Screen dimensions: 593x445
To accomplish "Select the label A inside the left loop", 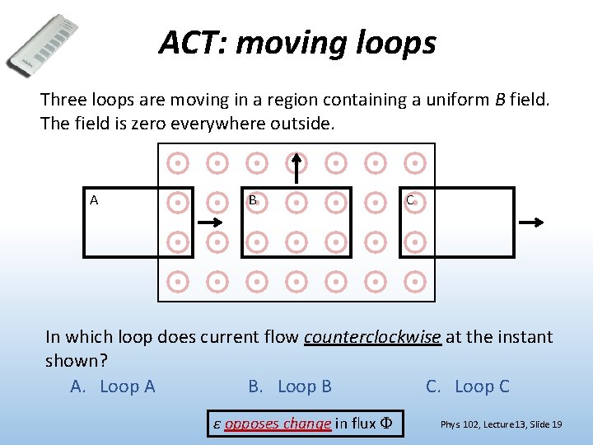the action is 95,200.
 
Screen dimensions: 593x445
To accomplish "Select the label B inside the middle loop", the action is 254,200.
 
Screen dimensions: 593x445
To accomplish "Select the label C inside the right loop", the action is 410,200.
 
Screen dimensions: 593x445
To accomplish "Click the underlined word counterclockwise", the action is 373,336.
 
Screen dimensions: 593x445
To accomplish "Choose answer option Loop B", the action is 290,386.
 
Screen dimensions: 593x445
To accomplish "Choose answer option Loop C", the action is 468,386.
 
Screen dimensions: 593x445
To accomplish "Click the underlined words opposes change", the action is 278,424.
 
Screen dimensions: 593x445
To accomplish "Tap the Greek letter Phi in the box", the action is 387,424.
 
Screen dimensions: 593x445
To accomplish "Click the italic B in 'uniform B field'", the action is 500,101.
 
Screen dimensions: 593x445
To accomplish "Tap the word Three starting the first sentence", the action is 63,101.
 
